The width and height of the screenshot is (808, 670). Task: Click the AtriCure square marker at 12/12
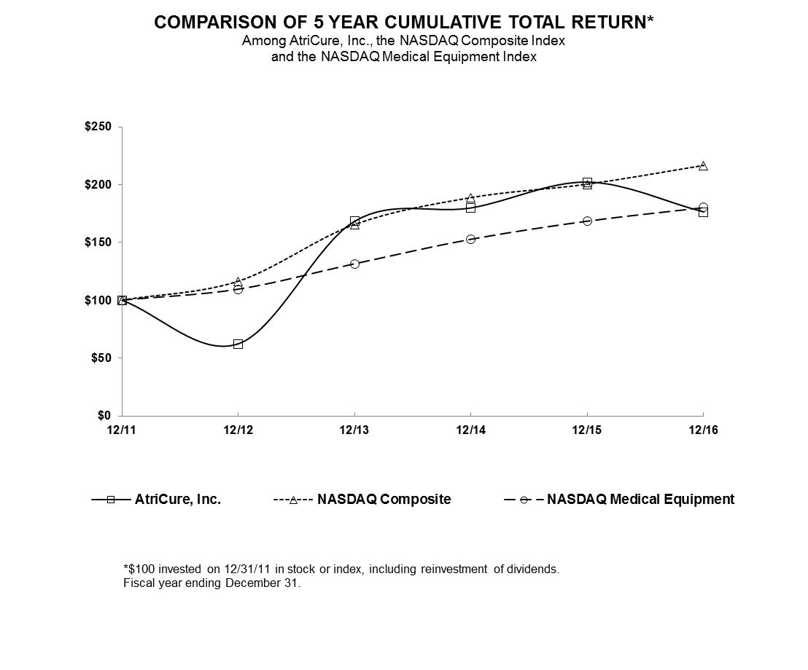pos(238,344)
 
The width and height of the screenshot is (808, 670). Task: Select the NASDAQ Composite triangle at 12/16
pos(703,166)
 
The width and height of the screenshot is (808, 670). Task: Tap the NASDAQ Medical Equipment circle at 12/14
pos(470,239)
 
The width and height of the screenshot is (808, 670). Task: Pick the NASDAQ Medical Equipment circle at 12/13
pos(354,264)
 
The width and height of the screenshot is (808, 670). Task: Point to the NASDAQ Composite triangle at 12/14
pos(470,198)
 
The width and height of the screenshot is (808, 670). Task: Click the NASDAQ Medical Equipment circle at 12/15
pos(587,221)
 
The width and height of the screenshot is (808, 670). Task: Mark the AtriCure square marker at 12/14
pos(470,208)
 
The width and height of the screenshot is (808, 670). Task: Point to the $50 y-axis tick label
pos(102,358)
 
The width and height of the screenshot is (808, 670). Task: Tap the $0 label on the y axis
pos(106,415)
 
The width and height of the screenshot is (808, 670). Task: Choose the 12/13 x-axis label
pos(354,430)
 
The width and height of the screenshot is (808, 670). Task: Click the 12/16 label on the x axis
pos(703,430)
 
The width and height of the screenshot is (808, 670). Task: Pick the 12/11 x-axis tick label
pos(122,430)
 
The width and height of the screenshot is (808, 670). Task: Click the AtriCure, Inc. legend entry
pos(177,500)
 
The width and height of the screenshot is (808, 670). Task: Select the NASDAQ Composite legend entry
pos(384,500)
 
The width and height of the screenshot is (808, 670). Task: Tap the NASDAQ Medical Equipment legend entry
pos(640,500)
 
